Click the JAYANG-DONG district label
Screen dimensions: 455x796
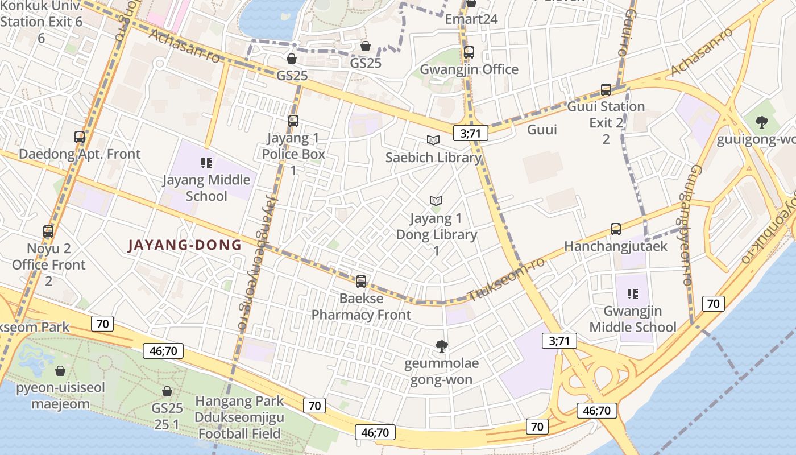click(x=185, y=245)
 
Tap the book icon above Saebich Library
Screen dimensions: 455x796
click(x=433, y=140)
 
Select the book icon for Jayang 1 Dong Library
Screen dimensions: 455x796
click(x=436, y=201)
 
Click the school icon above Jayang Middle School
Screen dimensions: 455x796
click(x=206, y=164)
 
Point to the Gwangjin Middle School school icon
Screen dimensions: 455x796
click(x=632, y=294)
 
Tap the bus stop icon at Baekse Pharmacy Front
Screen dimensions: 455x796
click(x=361, y=282)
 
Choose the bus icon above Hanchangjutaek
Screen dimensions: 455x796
click(x=616, y=229)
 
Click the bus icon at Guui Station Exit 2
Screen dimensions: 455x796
click(x=606, y=90)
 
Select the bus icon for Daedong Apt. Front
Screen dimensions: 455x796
click(x=80, y=137)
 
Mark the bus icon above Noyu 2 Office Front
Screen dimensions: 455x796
click(x=48, y=231)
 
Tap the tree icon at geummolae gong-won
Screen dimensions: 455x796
click(x=441, y=346)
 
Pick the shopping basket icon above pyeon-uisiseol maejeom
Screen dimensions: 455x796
click(x=60, y=371)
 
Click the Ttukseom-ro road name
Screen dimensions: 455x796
click(x=505, y=280)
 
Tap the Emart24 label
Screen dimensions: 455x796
click(x=471, y=19)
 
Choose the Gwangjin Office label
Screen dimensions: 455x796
click(x=469, y=69)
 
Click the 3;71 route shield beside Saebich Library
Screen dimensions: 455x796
click(x=471, y=134)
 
